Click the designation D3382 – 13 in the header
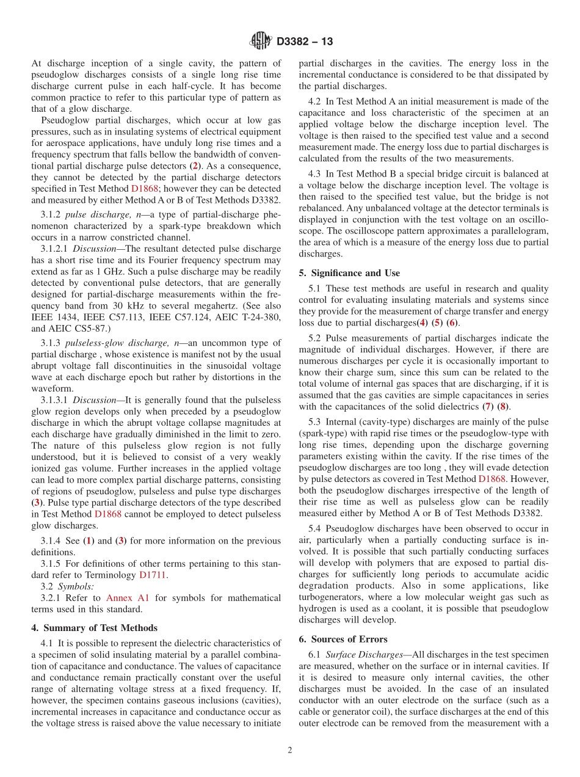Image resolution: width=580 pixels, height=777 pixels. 305,42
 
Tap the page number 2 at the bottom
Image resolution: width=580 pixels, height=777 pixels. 290,750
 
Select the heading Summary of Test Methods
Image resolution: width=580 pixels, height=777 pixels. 100,627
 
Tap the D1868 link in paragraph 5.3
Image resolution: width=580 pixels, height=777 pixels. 491,479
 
